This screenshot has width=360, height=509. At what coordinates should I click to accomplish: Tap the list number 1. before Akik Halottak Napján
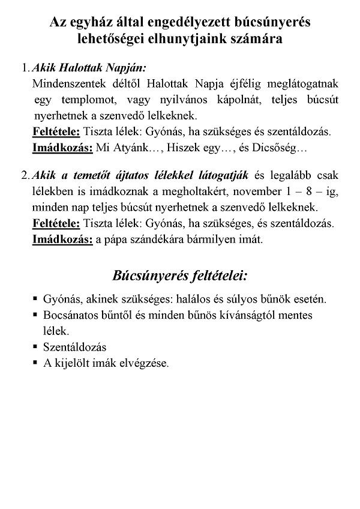pos(25,67)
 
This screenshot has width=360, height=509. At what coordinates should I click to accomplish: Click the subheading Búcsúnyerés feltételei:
pos(180,276)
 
